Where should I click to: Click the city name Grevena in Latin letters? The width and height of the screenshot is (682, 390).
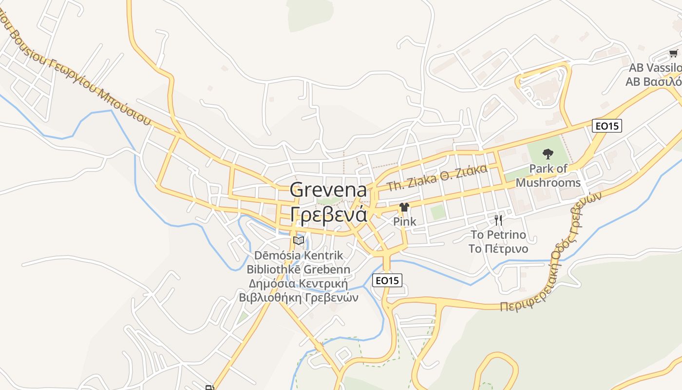coord(328,190)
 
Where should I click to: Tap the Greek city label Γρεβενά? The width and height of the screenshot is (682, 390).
coord(328,214)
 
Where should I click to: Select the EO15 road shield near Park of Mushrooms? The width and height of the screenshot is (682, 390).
coord(607,126)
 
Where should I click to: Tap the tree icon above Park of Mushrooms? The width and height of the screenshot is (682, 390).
coord(548,155)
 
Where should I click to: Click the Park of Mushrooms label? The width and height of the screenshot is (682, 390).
coord(548,176)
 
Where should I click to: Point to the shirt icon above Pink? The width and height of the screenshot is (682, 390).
coord(404,207)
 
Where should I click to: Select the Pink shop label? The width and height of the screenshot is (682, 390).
coord(404,221)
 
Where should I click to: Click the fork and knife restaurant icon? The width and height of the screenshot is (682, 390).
coord(498,220)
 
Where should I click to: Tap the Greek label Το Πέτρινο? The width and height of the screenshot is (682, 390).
coord(498,249)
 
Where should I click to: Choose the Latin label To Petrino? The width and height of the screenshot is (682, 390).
coord(498,235)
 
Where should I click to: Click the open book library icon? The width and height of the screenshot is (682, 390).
coord(299,240)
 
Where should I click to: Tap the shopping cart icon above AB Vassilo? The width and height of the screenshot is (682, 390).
coord(673,53)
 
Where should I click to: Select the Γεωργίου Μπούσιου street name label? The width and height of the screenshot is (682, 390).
coord(97,83)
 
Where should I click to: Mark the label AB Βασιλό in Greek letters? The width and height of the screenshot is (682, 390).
coord(653,81)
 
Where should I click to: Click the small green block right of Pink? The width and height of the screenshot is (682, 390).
coord(437,212)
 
